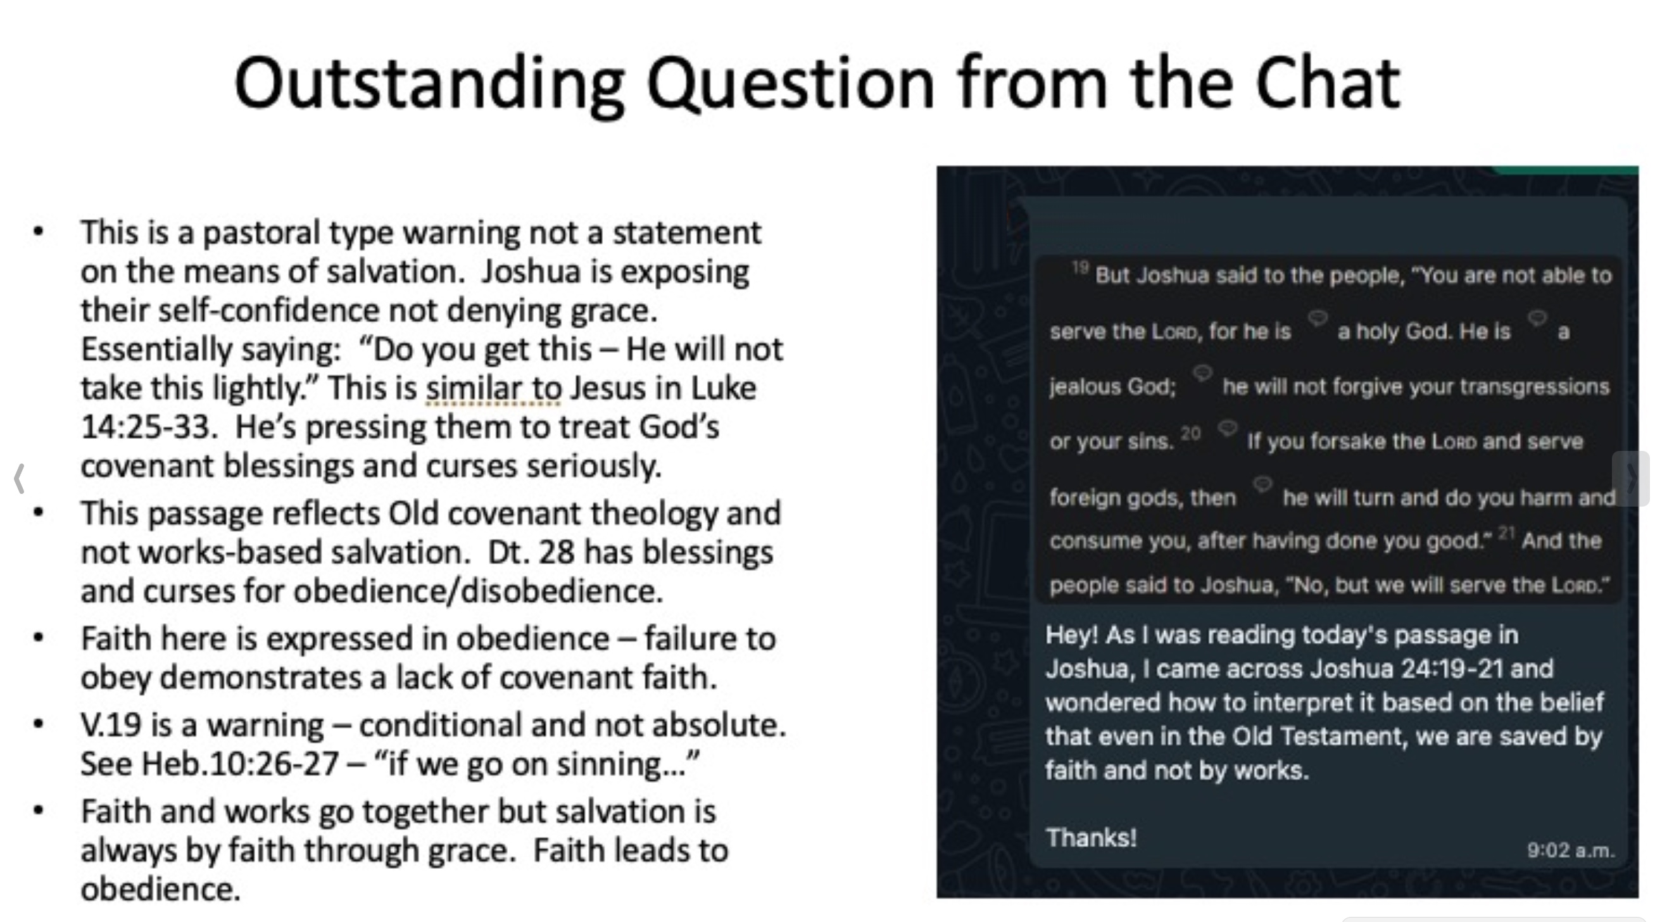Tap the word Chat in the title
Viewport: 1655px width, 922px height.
pos(1327,82)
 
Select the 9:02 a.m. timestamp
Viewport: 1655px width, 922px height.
pos(1571,850)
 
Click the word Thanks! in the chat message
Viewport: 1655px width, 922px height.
pos(1091,837)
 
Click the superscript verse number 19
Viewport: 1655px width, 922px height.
pos(1080,267)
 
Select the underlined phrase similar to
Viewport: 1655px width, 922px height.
pos(493,388)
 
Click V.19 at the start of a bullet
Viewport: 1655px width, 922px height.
pos(110,725)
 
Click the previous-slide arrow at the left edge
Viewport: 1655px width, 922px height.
pos(19,479)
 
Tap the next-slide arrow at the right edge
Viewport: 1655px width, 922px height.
pos(1631,479)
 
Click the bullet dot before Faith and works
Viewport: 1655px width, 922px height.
pos(39,811)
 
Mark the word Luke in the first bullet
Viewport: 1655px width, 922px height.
pos(723,388)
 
